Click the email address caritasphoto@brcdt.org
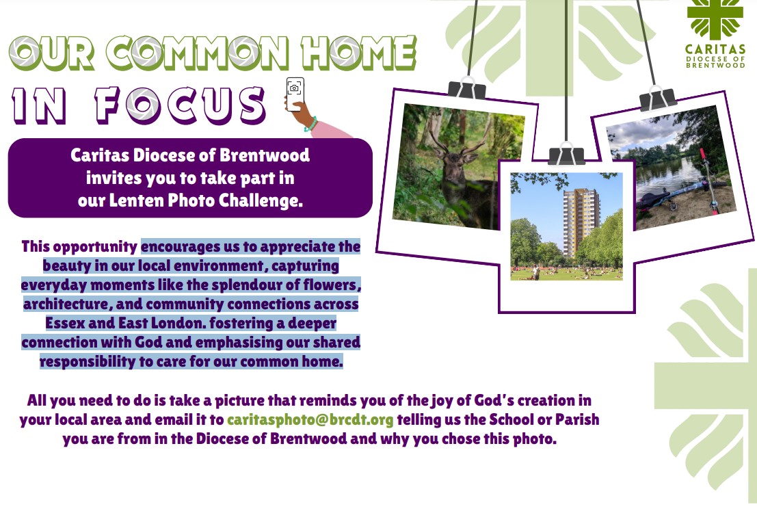pos(310,420)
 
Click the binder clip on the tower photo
pos(566,155)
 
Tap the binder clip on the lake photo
pos(658,98)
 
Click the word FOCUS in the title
pos(180,105)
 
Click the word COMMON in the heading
pos(197,53)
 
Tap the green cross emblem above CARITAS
pos(715,19)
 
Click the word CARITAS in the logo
pos(715,49)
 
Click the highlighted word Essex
pos(66,323)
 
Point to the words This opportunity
pos(79,247)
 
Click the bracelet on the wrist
pos(311,125)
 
